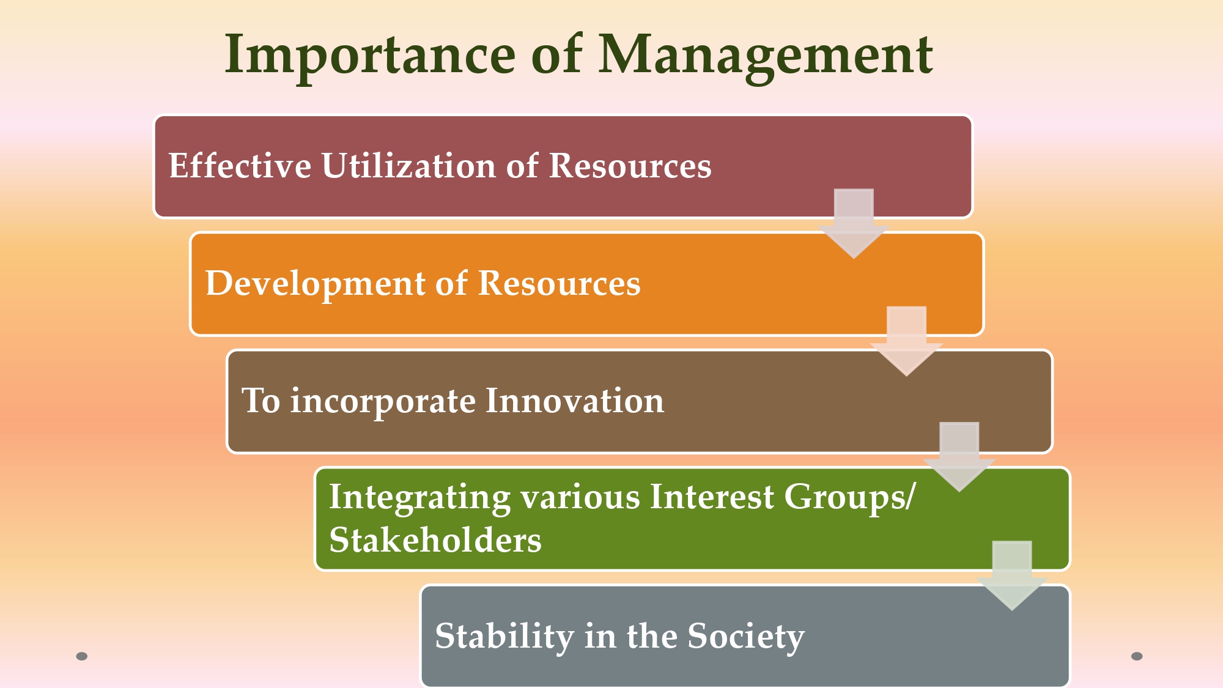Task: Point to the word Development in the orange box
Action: point(316,283)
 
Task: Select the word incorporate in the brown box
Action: point(383,402)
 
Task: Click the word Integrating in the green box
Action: point(419,497)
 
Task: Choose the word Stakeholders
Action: point(435,541)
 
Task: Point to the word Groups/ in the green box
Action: point(849,497)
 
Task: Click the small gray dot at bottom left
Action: point(82,656)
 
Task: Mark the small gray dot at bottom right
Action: point(1137,656)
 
